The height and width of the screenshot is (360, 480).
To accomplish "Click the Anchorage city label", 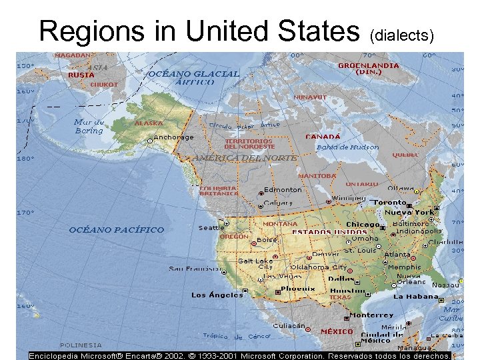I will [x=173, y=137].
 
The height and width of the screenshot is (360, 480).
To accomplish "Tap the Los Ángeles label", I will [x=217, y=295].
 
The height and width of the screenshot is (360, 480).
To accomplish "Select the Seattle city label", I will [x=211, y=228].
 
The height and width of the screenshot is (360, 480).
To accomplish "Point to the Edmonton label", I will [x=283, y=189].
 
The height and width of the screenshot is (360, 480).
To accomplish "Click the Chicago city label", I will [x=362, y=225].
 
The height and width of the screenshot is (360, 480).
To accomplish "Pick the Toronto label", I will [x=389, y=202].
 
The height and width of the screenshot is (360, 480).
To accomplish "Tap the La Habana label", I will [x=416, y=296].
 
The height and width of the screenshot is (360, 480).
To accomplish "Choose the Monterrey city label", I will [x=371, y=315].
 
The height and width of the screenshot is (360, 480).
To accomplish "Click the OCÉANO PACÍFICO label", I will [x=117, y=230].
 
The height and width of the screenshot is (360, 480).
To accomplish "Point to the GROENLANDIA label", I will [x=369, y=66].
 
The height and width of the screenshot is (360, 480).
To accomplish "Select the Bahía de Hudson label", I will [x=347, y=147].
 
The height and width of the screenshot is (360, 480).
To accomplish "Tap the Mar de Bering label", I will [x=89, y=126].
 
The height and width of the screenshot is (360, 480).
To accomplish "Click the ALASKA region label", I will [x=149, y=123].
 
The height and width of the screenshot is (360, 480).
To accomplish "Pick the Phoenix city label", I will [x=298, y=289].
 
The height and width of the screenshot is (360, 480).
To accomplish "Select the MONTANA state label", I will [x=280, y=224].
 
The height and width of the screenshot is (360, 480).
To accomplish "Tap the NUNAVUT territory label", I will [x=311, y=97].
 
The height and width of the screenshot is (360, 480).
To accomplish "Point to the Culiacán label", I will [x=289, y=326].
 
